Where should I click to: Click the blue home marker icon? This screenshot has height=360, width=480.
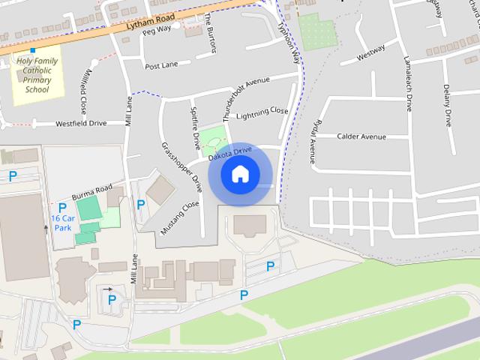pyautogui.click(x=240, y=175)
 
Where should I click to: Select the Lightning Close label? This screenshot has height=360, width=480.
pyautogui.click(x=262, y=113)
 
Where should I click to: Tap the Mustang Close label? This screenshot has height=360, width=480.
pyautogui.click(x=187, y=214)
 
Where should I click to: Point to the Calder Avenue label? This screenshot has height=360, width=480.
pyautogui.click(x=361, y=136)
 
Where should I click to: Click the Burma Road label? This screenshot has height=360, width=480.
pyautogui.click(x=92, y=192)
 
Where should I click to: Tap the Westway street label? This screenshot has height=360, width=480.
pyautogui.click(x=371, y=54)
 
